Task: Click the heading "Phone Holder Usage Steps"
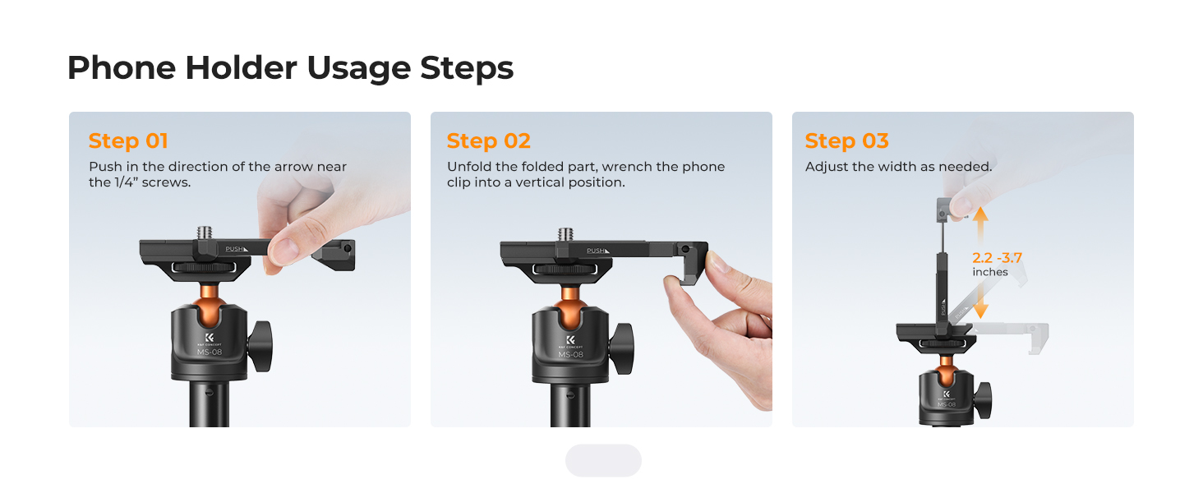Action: click(x=290, y=68)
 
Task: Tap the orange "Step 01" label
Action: click(x=128, y=141)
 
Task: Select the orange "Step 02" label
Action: click(x=488, y=141)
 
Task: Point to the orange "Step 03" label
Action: click(x=846, y=141)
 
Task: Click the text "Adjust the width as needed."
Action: click(x=898, y=167)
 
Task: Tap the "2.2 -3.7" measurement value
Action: click(x=997, y=258)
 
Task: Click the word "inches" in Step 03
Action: click(x=989, y=272)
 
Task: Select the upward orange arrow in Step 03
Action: click(x=979, y=223)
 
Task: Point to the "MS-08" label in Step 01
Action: click(x=209, y=352)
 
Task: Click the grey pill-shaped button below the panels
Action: click(x=603, y=460)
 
